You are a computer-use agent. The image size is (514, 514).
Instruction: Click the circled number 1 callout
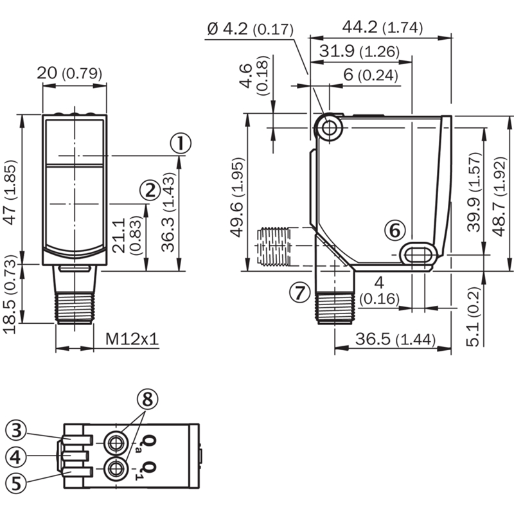click(181, 143)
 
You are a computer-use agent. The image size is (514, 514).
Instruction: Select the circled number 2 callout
click(150, 190)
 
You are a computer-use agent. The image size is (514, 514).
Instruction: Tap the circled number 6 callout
click(395, 230)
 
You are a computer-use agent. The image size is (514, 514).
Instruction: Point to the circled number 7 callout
click(299, 292)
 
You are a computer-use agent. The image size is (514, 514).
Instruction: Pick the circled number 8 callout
click(148, 399)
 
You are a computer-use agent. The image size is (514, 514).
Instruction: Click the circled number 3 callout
click(16, 430)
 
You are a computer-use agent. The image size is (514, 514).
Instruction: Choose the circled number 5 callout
click(16, 483)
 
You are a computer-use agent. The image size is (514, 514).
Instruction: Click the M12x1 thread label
click(132, 339)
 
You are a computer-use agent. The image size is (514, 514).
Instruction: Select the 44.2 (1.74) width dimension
click(382, 28)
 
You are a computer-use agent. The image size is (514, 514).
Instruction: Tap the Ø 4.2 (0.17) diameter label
click(251, 30)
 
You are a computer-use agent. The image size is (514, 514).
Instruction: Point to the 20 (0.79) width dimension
click(69, 73)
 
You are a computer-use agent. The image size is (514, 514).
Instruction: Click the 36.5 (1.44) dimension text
click(395, 339)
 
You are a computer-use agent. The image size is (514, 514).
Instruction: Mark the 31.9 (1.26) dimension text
click(360, 51)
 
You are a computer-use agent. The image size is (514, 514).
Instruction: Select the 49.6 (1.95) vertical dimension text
click(237, 197)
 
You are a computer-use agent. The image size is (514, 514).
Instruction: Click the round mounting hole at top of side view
click(329, 127)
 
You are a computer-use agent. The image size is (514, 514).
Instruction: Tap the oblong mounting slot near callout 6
click(419, 254)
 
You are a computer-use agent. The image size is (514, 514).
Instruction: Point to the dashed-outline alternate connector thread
click(274, 246)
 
